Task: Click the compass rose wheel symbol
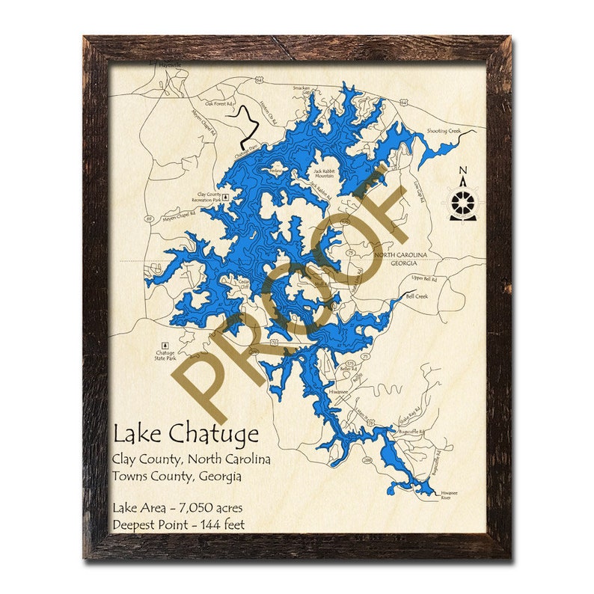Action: (x=464, y=201)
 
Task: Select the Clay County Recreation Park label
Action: (x=209, y=197)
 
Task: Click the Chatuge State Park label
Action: (x=165, y=355)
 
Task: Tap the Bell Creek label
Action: (x=417, y=296)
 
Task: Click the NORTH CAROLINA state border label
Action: (x=401, y=255)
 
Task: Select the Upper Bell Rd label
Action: (x=423, y=278)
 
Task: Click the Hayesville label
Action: (x=170, y=65)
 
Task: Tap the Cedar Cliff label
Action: (x=242, y=285)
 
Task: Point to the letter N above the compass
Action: (x=464, y=169)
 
